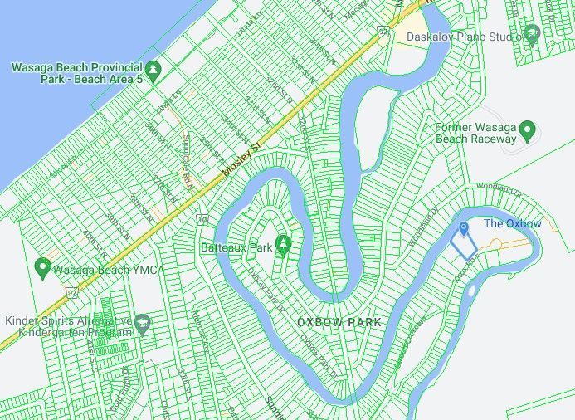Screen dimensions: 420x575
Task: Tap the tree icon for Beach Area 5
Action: pyautogui.click(x=153, y=67)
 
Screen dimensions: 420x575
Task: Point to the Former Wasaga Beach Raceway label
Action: pyautogui.click(x=476, y=133)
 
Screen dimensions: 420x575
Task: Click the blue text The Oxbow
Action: pyautogui.click(x=512, y=224)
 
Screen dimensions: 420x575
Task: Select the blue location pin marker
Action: pyautogui.click(x=464, y=227)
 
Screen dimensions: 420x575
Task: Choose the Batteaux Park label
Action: pyautogui.click(x=236, y=247)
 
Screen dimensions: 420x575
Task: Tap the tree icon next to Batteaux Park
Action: pyautogui.click(x=284, y=242)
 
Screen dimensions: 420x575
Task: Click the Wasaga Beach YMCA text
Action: pyautogui.click(x=109, y=270)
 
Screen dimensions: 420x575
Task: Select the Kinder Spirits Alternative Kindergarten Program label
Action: pyautogui.click(x=68, y=326)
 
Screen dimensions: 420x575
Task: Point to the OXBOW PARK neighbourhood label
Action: pyautogui.click(x=339, y=322)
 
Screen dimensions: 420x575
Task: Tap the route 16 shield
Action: pyautogui.click(x=202, y=220)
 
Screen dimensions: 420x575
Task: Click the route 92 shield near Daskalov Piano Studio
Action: pyautogui.click(x=383, y=32)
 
